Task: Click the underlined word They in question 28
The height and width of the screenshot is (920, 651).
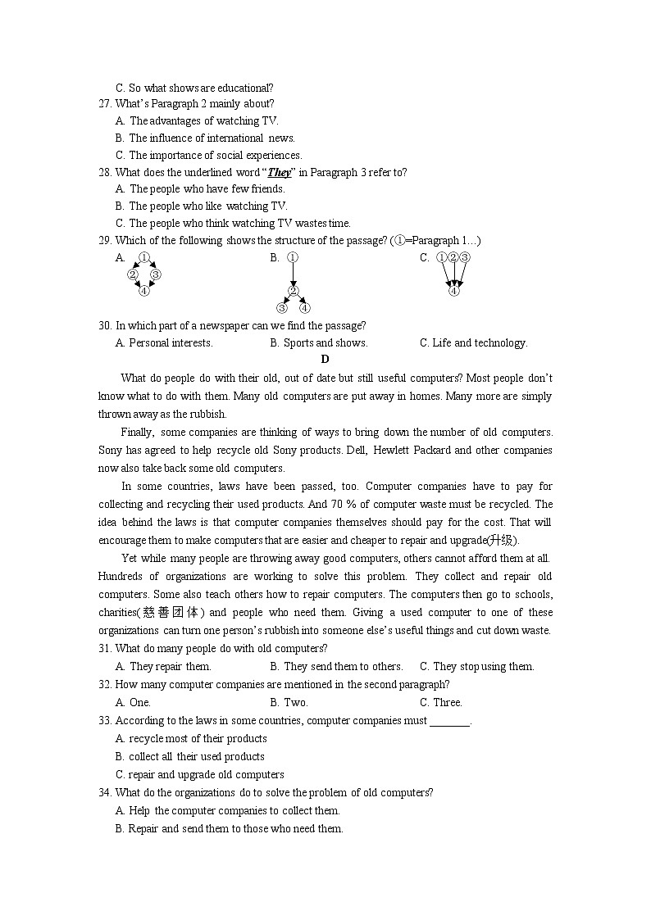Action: pos(280,172)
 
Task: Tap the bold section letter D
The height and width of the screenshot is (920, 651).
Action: pos(325,359)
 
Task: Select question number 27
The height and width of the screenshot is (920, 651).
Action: pos(105,103)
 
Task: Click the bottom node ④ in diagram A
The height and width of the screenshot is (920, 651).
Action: pos(144,290)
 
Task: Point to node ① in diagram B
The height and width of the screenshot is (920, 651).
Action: pos(293,257)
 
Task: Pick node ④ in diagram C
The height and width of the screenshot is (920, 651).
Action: pos(454,290)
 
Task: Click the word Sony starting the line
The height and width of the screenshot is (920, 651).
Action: pos(111,450)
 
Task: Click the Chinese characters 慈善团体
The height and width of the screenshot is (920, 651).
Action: pos(171,612)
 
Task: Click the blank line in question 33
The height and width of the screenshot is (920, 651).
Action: pos(449,721)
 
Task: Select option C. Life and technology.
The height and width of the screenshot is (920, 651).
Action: pos(473,343)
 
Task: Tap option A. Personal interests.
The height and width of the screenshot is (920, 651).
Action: pos(164,343)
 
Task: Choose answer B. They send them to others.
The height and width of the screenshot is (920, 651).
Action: pos(336,666)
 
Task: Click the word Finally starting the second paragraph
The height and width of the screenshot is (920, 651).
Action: pos(137,432)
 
